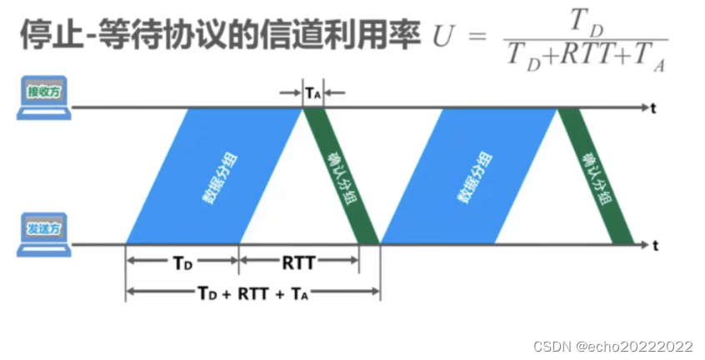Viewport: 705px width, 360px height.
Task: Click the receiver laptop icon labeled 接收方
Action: click(x=42, y=95)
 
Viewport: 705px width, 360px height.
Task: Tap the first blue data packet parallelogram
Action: click(x=212, y=176)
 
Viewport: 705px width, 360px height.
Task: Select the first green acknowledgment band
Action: click(x=340, y=176)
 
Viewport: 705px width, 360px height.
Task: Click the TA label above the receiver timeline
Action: click(x=312, y=92)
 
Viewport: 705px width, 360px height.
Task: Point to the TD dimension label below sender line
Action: click(x=183, y=262)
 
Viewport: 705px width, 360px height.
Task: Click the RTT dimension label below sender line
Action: click(x=298, y=262)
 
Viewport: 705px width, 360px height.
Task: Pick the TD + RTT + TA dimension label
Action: click(x=252, y=293)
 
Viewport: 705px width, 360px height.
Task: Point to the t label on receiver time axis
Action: click(x=657, y=107)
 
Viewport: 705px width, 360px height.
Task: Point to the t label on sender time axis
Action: click(x=657, y=245)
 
